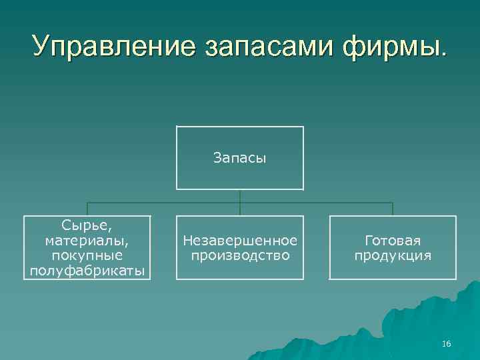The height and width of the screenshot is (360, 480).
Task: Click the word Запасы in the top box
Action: point(239,158)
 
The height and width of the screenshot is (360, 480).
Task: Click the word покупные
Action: point(87,255)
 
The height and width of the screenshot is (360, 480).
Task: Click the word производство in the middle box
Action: point(240,255)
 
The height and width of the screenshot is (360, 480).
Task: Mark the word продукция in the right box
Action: point(393,255)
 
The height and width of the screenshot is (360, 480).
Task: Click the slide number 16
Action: point(446,344)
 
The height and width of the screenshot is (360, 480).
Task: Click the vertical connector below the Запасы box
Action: point(240,196)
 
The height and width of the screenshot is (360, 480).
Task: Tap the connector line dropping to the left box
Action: point(87,209)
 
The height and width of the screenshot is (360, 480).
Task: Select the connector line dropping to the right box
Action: point(393,209)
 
